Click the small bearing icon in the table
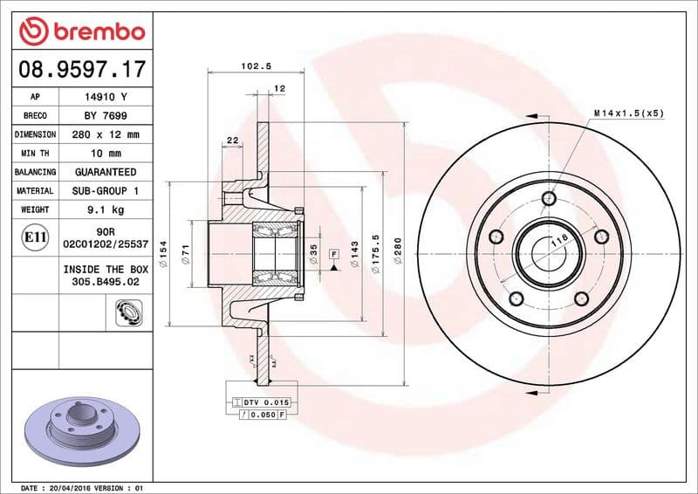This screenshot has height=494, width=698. pyautogui.click(x=127, y=311)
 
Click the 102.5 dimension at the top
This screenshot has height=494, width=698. pyautogui.click(x=252, y=65)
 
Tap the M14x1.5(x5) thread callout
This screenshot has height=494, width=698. pyautogui.click(x=628, y=113)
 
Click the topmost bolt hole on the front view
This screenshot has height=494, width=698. pyautogui.click(x=547, y=197)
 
